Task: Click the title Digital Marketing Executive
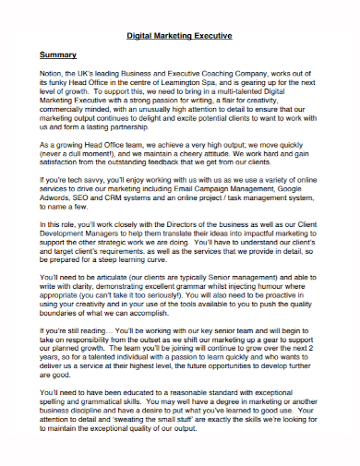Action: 179,36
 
